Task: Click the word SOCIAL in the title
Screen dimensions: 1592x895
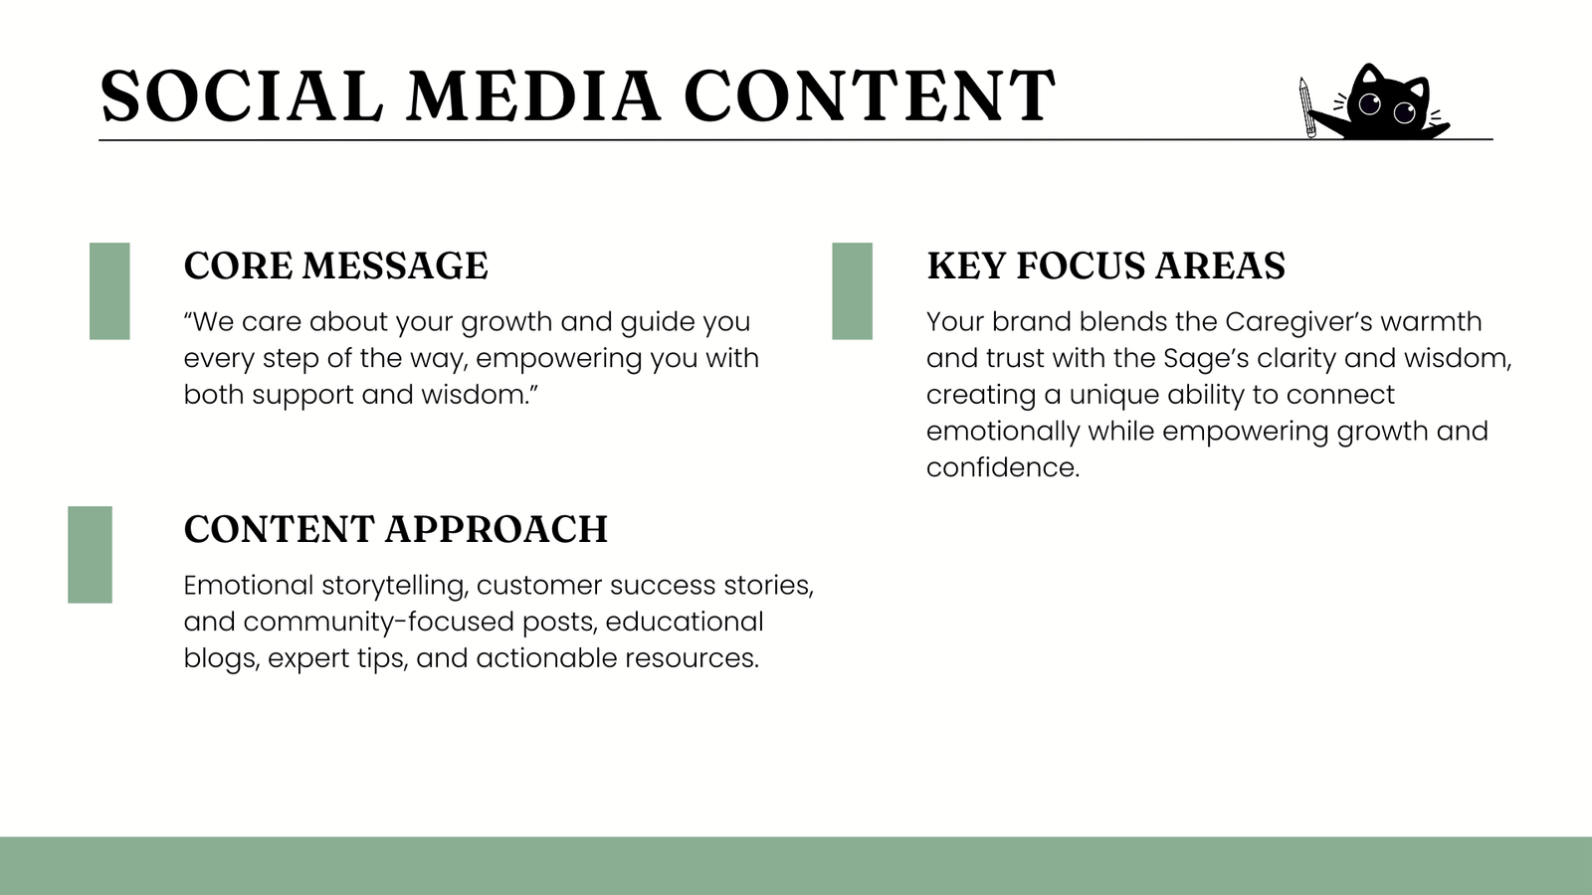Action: (242, 95)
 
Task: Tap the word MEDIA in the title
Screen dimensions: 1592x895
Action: (533, 95)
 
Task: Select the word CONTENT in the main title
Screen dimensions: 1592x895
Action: (870, 95)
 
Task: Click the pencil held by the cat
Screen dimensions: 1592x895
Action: (1307, 107)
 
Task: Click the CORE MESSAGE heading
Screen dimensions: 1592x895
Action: (335, 266)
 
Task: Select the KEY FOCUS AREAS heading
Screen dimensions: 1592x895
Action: (1105, 266)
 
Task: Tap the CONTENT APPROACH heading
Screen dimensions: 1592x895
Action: (396, 529)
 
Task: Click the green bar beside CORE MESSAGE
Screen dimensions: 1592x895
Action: (109, 291)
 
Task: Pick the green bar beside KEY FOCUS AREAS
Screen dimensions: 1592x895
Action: (852, 291)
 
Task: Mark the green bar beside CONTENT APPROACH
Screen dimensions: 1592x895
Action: (91, 555)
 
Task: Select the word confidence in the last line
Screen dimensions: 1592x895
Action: (1003, 467)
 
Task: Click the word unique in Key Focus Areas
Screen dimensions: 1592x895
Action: (1113, 395)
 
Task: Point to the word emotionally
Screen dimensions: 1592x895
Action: (1003, 432)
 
